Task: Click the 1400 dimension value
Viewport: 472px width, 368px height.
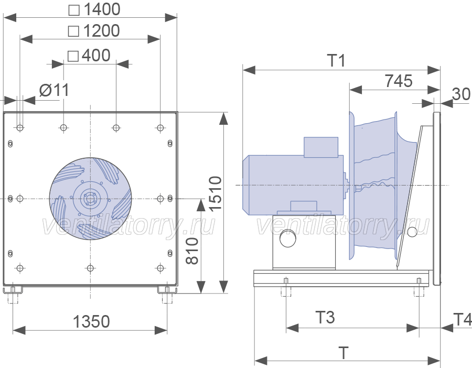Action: (x=102, y=9)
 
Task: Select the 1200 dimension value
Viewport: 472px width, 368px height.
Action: (x=101, y=31)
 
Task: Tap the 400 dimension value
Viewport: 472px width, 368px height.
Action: (x=96, y=56)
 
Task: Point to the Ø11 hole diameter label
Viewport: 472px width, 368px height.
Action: (x=55, y=90)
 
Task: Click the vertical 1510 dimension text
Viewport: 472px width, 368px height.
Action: (x=215, y=193)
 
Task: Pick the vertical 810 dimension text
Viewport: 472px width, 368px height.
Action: (x=192, y=251)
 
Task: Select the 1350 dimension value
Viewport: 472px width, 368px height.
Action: (x=91, y=321)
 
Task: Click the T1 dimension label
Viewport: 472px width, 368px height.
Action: (x=336, y=60)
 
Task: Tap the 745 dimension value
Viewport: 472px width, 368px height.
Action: (x=399, y=81)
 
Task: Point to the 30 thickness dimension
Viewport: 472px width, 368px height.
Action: (x=461, y=94)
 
